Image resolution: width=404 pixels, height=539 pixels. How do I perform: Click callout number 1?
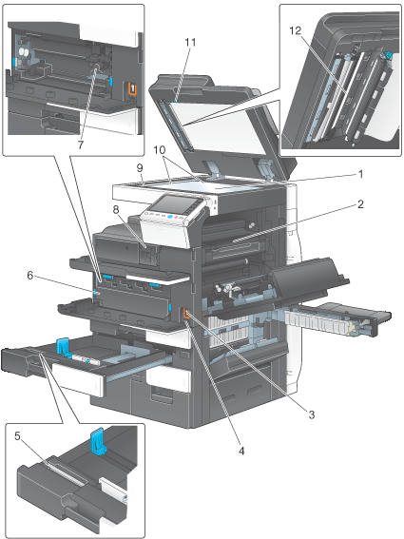360,175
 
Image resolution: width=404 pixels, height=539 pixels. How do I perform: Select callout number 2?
360,204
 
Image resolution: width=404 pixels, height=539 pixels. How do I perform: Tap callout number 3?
312,414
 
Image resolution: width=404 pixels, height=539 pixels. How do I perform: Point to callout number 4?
241,451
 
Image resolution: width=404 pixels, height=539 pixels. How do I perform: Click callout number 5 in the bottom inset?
17,436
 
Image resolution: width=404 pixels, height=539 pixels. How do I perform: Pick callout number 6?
30,276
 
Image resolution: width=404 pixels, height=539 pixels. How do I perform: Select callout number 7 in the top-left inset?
81,145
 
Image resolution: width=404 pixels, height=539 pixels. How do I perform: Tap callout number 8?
117,209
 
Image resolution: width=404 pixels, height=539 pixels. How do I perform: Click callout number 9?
140,168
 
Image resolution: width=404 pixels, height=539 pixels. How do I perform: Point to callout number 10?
160,150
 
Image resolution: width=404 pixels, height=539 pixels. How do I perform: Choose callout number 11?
190,42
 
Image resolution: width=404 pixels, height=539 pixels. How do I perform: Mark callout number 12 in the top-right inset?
295,31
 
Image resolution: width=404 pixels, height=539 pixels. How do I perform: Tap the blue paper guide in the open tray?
64,346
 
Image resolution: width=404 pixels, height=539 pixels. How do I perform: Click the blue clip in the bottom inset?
98,441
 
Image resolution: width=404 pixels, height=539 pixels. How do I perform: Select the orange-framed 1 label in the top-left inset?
132,88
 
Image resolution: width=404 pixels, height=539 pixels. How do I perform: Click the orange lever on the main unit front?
186,314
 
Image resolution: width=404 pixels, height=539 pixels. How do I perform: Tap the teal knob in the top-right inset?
388,53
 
